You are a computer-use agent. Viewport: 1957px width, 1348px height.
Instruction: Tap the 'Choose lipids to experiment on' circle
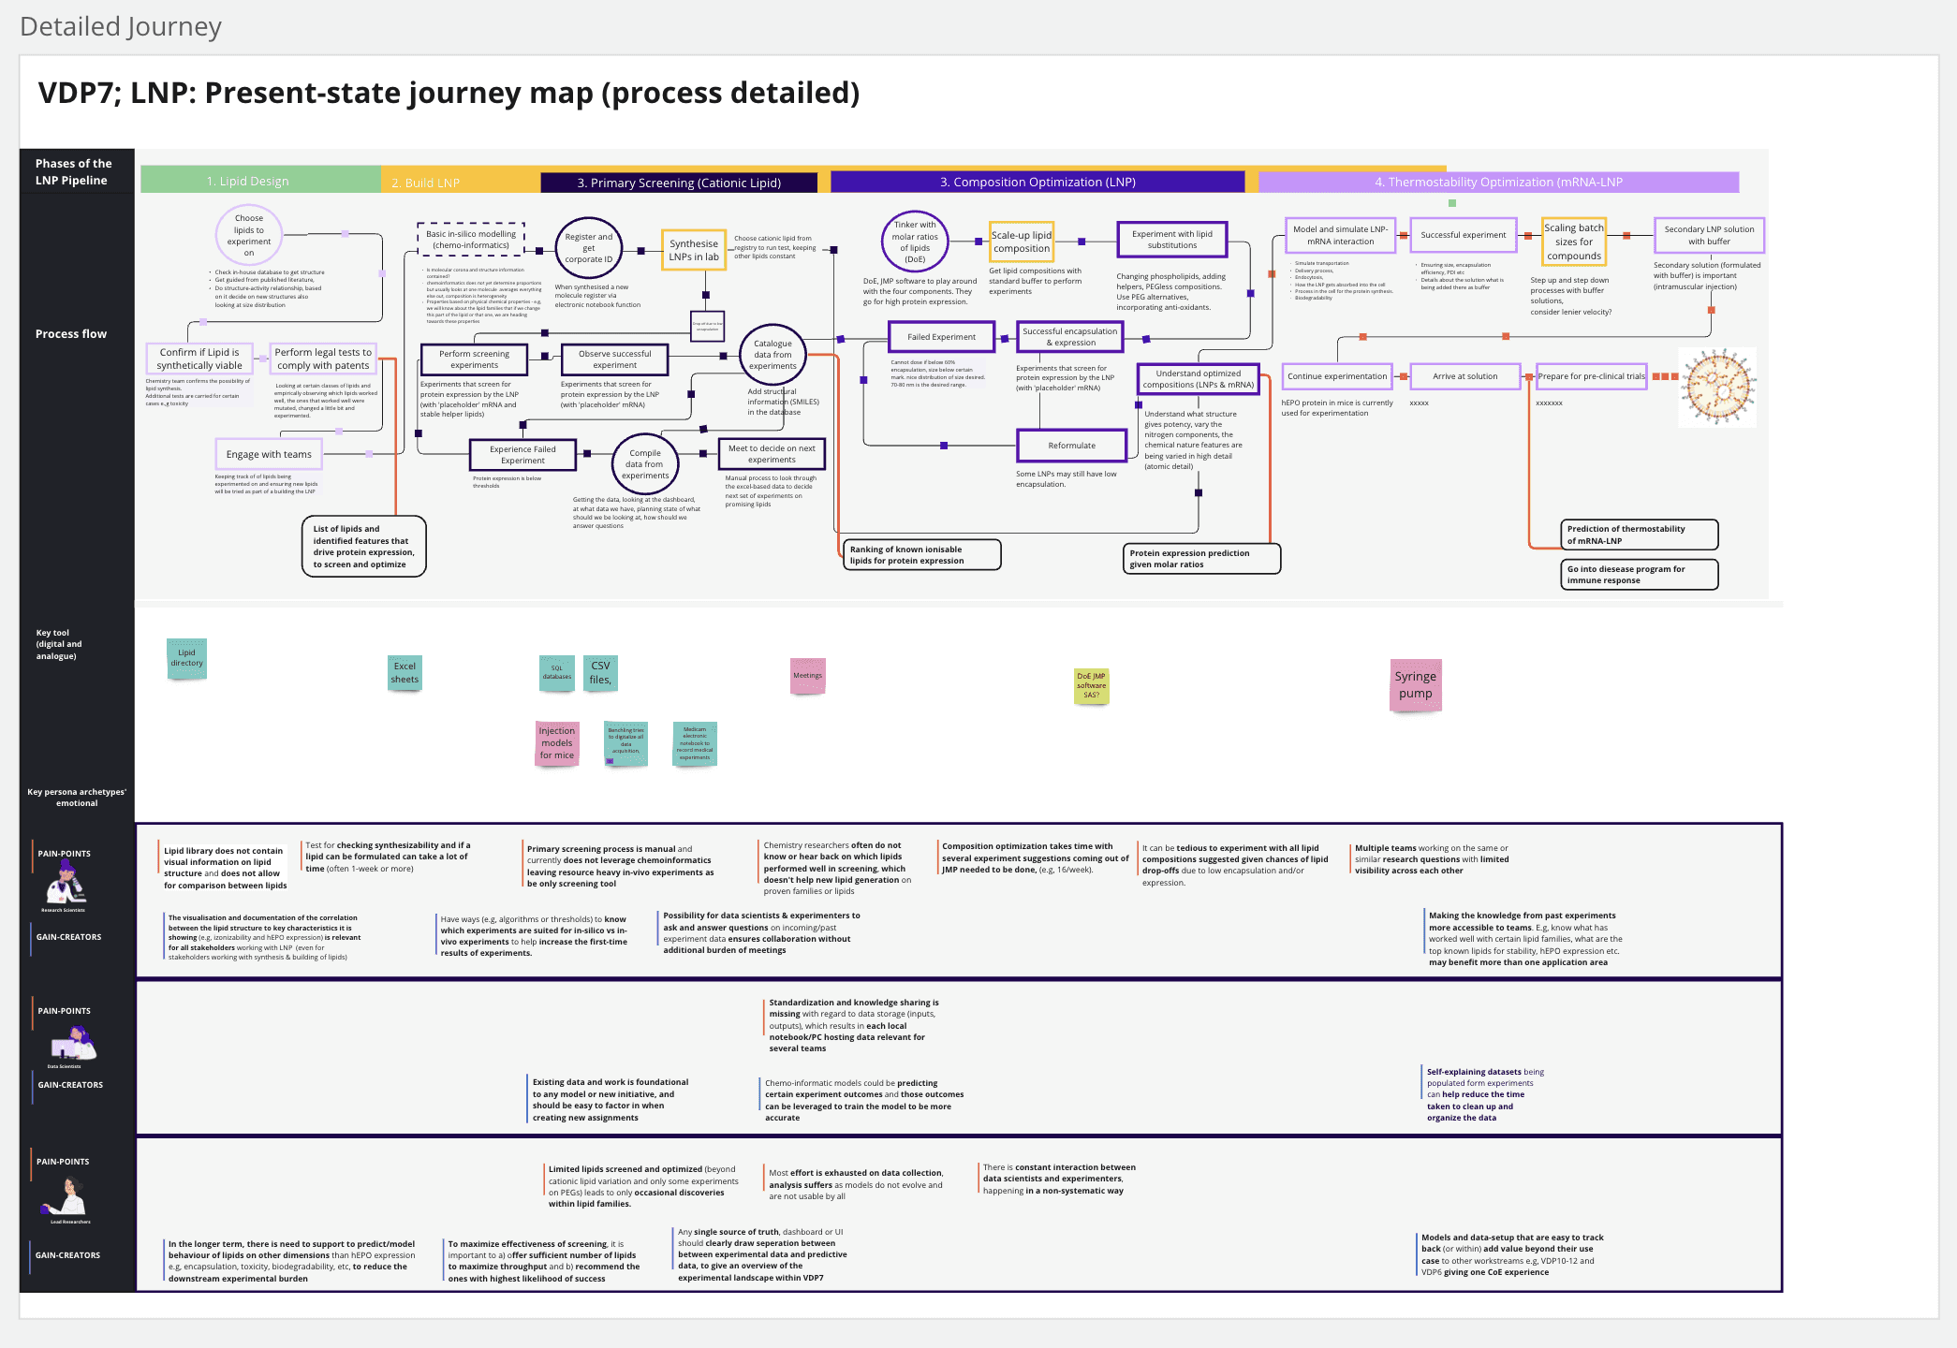[x=249, y=235]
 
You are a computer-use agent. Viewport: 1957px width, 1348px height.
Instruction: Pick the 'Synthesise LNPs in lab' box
[x=694, y=250]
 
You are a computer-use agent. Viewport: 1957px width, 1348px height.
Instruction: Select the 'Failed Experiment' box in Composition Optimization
[x=941, y=337]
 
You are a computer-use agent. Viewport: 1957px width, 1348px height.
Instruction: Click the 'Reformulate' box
[x=1071, y=446]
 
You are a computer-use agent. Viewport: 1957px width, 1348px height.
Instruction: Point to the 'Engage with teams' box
[x=269, y=454]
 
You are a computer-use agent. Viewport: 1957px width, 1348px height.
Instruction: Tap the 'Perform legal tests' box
[x=323, y=359]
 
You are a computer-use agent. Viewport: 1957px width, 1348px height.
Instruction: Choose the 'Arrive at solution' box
[x=1464, y=376]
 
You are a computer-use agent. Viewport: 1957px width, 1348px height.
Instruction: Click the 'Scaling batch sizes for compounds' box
[x=1574, y=242]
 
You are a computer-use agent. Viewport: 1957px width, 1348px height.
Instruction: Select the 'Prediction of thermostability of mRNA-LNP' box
[x=1639, y=535]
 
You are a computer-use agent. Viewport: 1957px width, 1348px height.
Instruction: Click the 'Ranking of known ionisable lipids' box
[x=921, y=555]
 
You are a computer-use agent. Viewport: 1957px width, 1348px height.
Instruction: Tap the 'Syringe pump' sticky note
[x=1415, y=684]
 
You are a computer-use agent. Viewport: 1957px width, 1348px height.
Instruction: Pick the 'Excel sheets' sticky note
[x=405, y=673]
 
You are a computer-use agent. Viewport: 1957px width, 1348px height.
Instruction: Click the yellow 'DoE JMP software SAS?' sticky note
[x=1091, y=685]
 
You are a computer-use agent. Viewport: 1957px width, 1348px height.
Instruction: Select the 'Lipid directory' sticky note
[x=186, y=658]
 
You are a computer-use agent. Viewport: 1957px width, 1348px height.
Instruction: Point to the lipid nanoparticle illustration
[x=1717, y=387]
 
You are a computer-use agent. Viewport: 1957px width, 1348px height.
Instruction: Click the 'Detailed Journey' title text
[x=121, y=26]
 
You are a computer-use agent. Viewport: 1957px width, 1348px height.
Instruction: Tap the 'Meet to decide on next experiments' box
[x=772, y=454]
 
